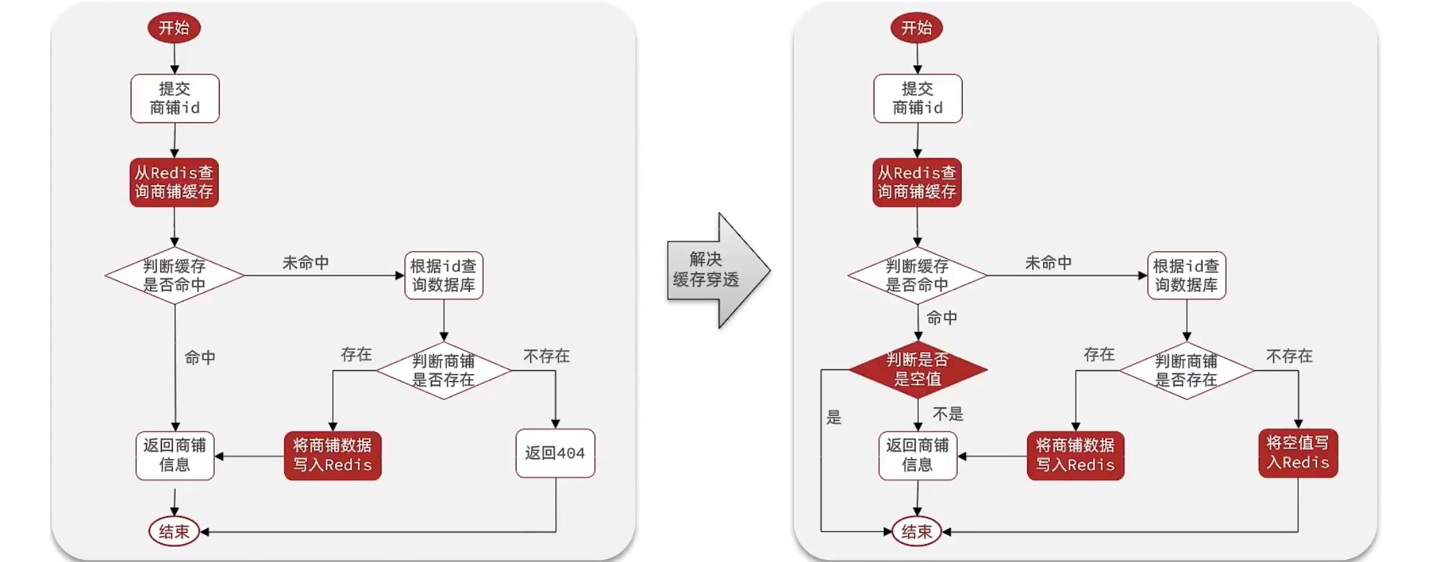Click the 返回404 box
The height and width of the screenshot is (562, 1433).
(x=555, y=453)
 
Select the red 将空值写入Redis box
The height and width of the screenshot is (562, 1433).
(x=1298, y=453)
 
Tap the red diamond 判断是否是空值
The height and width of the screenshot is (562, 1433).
(x=917, y=369)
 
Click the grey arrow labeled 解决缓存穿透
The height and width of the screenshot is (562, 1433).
(x=719, y=271)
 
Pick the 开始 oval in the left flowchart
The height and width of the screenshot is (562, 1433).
(x=174, y=28)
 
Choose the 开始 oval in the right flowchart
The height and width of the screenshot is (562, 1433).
(x=917, y=28)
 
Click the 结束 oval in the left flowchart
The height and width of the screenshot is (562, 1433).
(x=174, y=532)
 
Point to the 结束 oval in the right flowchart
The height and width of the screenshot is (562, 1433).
(x=917, y=532)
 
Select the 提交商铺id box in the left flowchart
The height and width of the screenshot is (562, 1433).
(x=175, y=99)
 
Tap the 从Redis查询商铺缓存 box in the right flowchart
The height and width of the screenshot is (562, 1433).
(x=917, y=182)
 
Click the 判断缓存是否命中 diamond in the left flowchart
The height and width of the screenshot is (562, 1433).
(x=174, y=275)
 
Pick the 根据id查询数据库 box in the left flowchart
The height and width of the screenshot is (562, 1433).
(x=444, y=275)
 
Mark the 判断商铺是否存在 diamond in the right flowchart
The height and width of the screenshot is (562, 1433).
(x=1187, y=370)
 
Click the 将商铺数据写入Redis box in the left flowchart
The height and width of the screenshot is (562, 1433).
(x=333, y=456)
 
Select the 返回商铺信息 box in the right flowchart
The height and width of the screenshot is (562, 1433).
(x=918, y=456)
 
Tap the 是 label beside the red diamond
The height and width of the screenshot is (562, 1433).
(x=834, y=417)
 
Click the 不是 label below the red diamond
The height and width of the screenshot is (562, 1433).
(x=948, y=415)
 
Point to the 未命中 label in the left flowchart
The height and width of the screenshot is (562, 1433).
(x=306, y=263)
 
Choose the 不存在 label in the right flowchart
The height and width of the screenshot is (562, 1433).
(x=1290, y=356)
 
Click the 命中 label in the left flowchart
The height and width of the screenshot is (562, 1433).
(x=200, y=358)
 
